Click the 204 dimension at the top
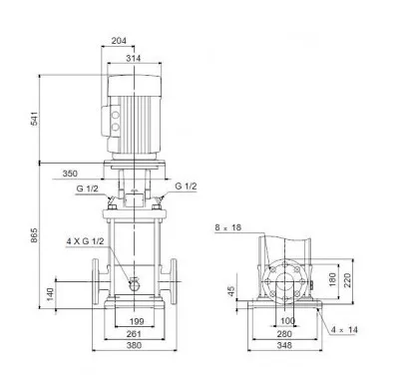coord(119,41)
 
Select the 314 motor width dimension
coord(133,58)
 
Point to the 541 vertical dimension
coord(35,119)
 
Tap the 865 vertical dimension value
coord(35,235)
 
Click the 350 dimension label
coord(70,174)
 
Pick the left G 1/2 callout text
coord(88,189)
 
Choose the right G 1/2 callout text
coord(186,187)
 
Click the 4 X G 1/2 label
coord(85,241)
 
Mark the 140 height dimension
coord(50,294)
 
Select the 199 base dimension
coord(137,321)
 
